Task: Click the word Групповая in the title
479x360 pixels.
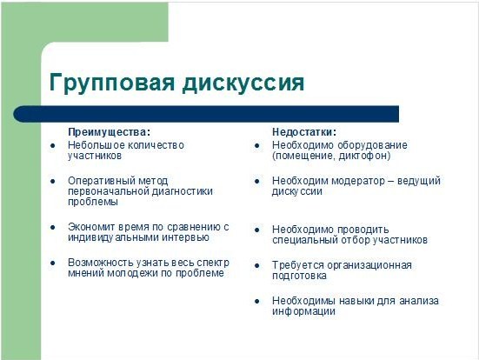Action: pyautogui.click(x=112, y=83)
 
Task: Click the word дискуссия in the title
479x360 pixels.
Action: pyautogui.click(x=243, y=83)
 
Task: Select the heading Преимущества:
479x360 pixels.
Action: pyautogui.click(x=109, y=132)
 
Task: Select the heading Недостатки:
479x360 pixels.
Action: pyautogui.click(x=304, y=132)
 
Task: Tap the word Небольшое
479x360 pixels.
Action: pyautogui.click(x=96, y=145)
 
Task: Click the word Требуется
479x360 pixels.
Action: pyautogui.click(x=298, y=265)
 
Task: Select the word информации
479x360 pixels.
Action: pyautogui.click(x=303, y=311)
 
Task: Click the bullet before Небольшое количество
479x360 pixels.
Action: pyautogui.click(x=53, y=146)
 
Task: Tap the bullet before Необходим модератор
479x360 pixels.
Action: pyautogui.click(x=257, y=182)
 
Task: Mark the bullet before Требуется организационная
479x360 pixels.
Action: pyautogui.click(x=257, y=266)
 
